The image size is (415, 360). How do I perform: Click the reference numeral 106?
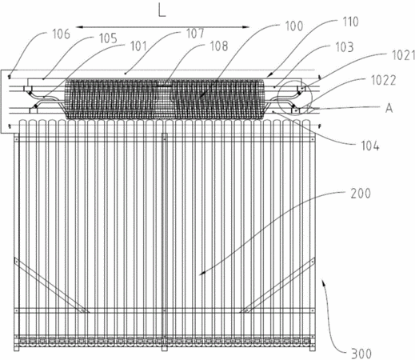point(61,34)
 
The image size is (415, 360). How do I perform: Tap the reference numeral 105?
point(108,38)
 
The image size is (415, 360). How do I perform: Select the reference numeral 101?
point(138,46)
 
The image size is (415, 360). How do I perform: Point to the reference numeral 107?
point(195,34)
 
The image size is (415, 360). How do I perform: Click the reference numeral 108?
point(219,46)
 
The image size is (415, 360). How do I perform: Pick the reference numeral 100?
point(294,26)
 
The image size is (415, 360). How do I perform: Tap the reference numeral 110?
point(350,22)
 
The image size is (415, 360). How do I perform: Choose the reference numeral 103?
point(345,47)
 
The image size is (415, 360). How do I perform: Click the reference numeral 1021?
point(403,55)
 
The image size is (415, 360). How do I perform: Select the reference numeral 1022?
point(384,80)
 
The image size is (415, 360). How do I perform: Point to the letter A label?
point(389,109)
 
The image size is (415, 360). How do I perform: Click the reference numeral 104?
point(370,146)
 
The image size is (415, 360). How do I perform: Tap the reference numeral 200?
point(361,194)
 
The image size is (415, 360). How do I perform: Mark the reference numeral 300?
point(361,354)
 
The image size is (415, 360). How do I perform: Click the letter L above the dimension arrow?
point(162,11)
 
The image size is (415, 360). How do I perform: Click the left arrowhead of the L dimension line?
point(79,27)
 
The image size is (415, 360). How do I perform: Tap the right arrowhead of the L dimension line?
point(245,27)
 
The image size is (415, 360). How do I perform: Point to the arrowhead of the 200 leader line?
point(202,273)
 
